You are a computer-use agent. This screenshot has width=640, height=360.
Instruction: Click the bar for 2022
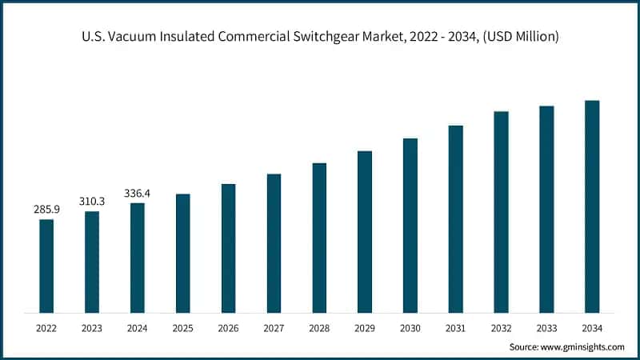click(46, 266)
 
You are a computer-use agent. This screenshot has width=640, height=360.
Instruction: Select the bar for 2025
click(182, 253)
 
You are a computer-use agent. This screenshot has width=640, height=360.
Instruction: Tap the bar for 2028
click(319, 238)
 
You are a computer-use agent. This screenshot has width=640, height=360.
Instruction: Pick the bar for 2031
click(455, 218)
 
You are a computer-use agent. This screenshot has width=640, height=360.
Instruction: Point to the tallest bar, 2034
click(592, 206)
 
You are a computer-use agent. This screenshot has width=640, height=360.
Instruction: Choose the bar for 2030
click(410, 225)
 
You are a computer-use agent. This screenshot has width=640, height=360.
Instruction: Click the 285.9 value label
click(46, 210)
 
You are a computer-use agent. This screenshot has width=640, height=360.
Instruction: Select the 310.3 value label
click(92, 202)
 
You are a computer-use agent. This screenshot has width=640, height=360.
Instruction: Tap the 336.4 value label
click(138, 193)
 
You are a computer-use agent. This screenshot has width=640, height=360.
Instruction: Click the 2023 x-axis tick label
click(92, 328)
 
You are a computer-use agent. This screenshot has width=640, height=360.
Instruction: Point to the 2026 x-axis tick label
click(228, 328)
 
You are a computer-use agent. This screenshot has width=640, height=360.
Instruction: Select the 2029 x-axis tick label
click(365, 328)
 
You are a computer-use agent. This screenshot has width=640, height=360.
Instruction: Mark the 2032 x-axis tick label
click(501, 328)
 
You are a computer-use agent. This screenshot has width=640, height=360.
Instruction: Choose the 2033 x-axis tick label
click(546, 328)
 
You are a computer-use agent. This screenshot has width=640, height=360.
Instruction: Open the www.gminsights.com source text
click(584, 346)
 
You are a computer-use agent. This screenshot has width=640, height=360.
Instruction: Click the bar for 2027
click(274, 243)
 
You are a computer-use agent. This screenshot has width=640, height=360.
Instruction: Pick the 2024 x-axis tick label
click(138, 328)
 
